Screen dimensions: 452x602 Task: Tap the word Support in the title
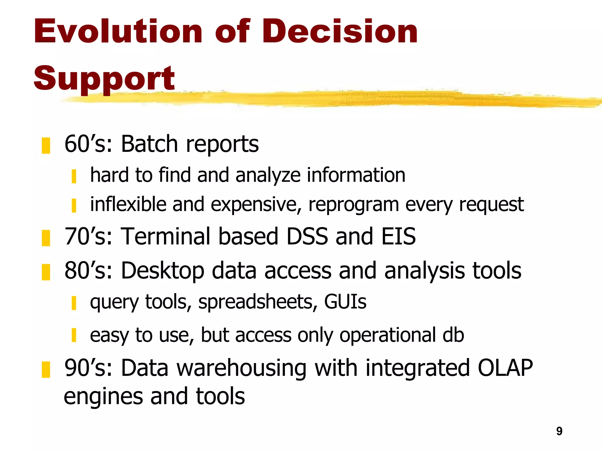(x=104, y=79)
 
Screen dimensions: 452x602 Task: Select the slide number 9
(x=559, y=431)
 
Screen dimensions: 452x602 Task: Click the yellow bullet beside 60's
(x=46, y=145)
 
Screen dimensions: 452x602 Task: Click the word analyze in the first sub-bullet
(x=268, y=175)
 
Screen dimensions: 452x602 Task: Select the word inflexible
(x=128, y=204)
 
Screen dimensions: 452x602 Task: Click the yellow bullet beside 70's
(x=46, y=238)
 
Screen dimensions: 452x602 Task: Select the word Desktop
(x=163, y=271)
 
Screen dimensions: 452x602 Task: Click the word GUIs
(x=345, y=302)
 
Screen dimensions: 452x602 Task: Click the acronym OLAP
(x=505, y=368)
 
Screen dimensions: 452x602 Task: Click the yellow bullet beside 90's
(x=46, y=369)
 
